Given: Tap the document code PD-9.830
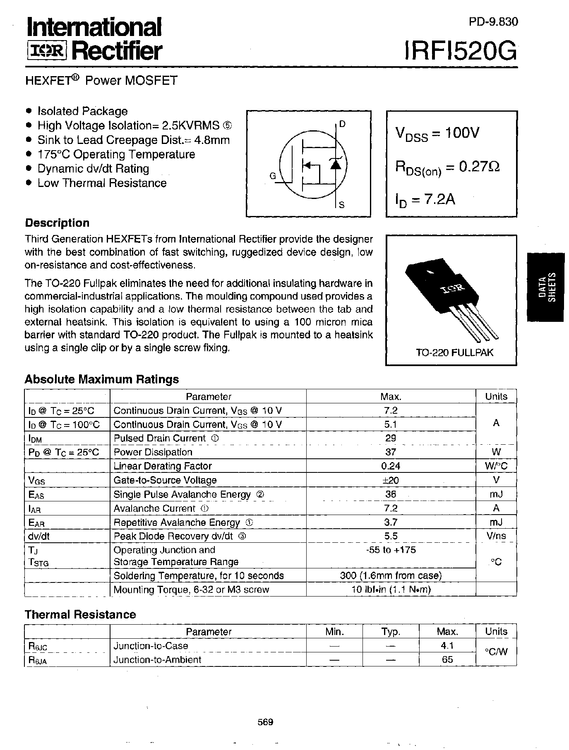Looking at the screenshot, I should pyautogui.click(x=493, y=22).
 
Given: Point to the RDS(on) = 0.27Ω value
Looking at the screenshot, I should pyautogui.click(x=447, y=167).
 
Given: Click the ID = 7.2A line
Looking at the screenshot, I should pyautogui.click(x=425, y=200).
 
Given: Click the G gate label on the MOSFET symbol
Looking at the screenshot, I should pyautogui.click(x=273, y=176).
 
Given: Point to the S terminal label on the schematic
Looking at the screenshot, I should pyautogui.click(x=342, y=205).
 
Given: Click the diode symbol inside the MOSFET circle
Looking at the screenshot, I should pyautogui.click(x=335, y=164).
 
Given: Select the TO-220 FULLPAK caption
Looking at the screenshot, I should pyautogui.click(x=454, y=353).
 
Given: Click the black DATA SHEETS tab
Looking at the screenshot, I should pyautogui.click(x=546, y=287).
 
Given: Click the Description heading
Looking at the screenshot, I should pyautogui.click(x=57, y=223).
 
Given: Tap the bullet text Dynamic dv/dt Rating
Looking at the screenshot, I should pyautogui.click(x=93, y=169).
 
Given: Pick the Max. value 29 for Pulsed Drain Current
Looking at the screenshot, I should pyautogui.click(x=390, y=438).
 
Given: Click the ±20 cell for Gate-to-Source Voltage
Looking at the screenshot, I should pyautogui.click(x=390, y=480).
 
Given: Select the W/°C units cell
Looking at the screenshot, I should pyautogui.click(x=496, y=466).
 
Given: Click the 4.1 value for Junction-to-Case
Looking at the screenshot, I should pyautogui.click(x=447, y=646).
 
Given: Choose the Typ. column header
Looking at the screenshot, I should pyautogui.click(x=391, y=632).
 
